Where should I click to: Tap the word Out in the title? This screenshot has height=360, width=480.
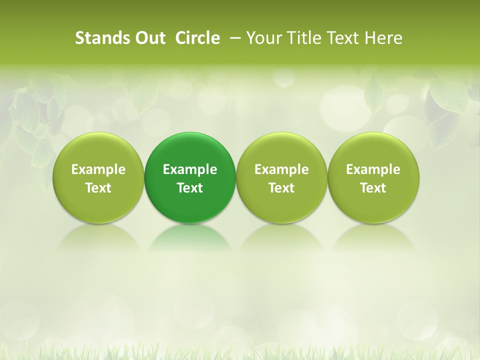pyautogui.click(x=148, y=38)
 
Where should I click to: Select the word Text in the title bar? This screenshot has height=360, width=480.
pyautogui.click(x=343, y=38)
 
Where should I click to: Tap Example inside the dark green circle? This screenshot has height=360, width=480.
pyautogui.click(x=190, y=170)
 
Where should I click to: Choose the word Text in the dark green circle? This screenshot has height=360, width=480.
pyautogui.click(x=190, y=188)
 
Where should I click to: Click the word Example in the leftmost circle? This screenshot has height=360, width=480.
pyautogui.click(x=98, y=170)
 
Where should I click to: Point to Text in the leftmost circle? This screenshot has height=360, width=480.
pyautogui.click(x=98, y=188)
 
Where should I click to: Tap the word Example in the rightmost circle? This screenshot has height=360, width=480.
pyautogui.click(x=373, y=170)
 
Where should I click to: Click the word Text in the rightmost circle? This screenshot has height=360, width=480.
pyautogui.click(x=373, y=188)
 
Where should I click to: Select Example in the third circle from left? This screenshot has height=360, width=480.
pyautogui.click(x=281, y=170)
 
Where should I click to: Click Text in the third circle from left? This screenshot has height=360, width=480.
pyautogui.click(x=281, y=188)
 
